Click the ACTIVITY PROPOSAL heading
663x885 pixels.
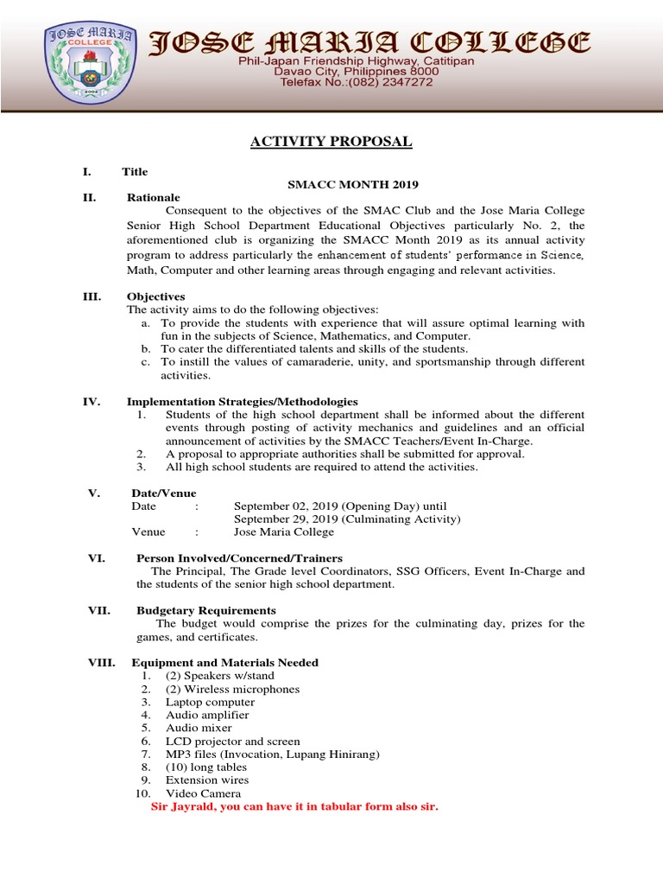pos(331,142)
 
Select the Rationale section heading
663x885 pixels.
pos(153,198)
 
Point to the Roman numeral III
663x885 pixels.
pos(92,296)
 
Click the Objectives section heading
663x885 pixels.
pos(155,296)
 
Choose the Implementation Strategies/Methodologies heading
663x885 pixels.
pos(242,402)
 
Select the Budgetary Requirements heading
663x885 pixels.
pos(205,610)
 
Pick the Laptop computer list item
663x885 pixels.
pos(210,703)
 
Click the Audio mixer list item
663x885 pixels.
pos(200,729)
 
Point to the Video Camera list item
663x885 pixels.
pos(203,793)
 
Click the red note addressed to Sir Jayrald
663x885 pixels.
pos(294,807)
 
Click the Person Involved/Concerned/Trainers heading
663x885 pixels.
pos(239,558)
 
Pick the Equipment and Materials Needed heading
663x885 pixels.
pos(224,663)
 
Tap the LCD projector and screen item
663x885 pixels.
pos(232,742)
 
